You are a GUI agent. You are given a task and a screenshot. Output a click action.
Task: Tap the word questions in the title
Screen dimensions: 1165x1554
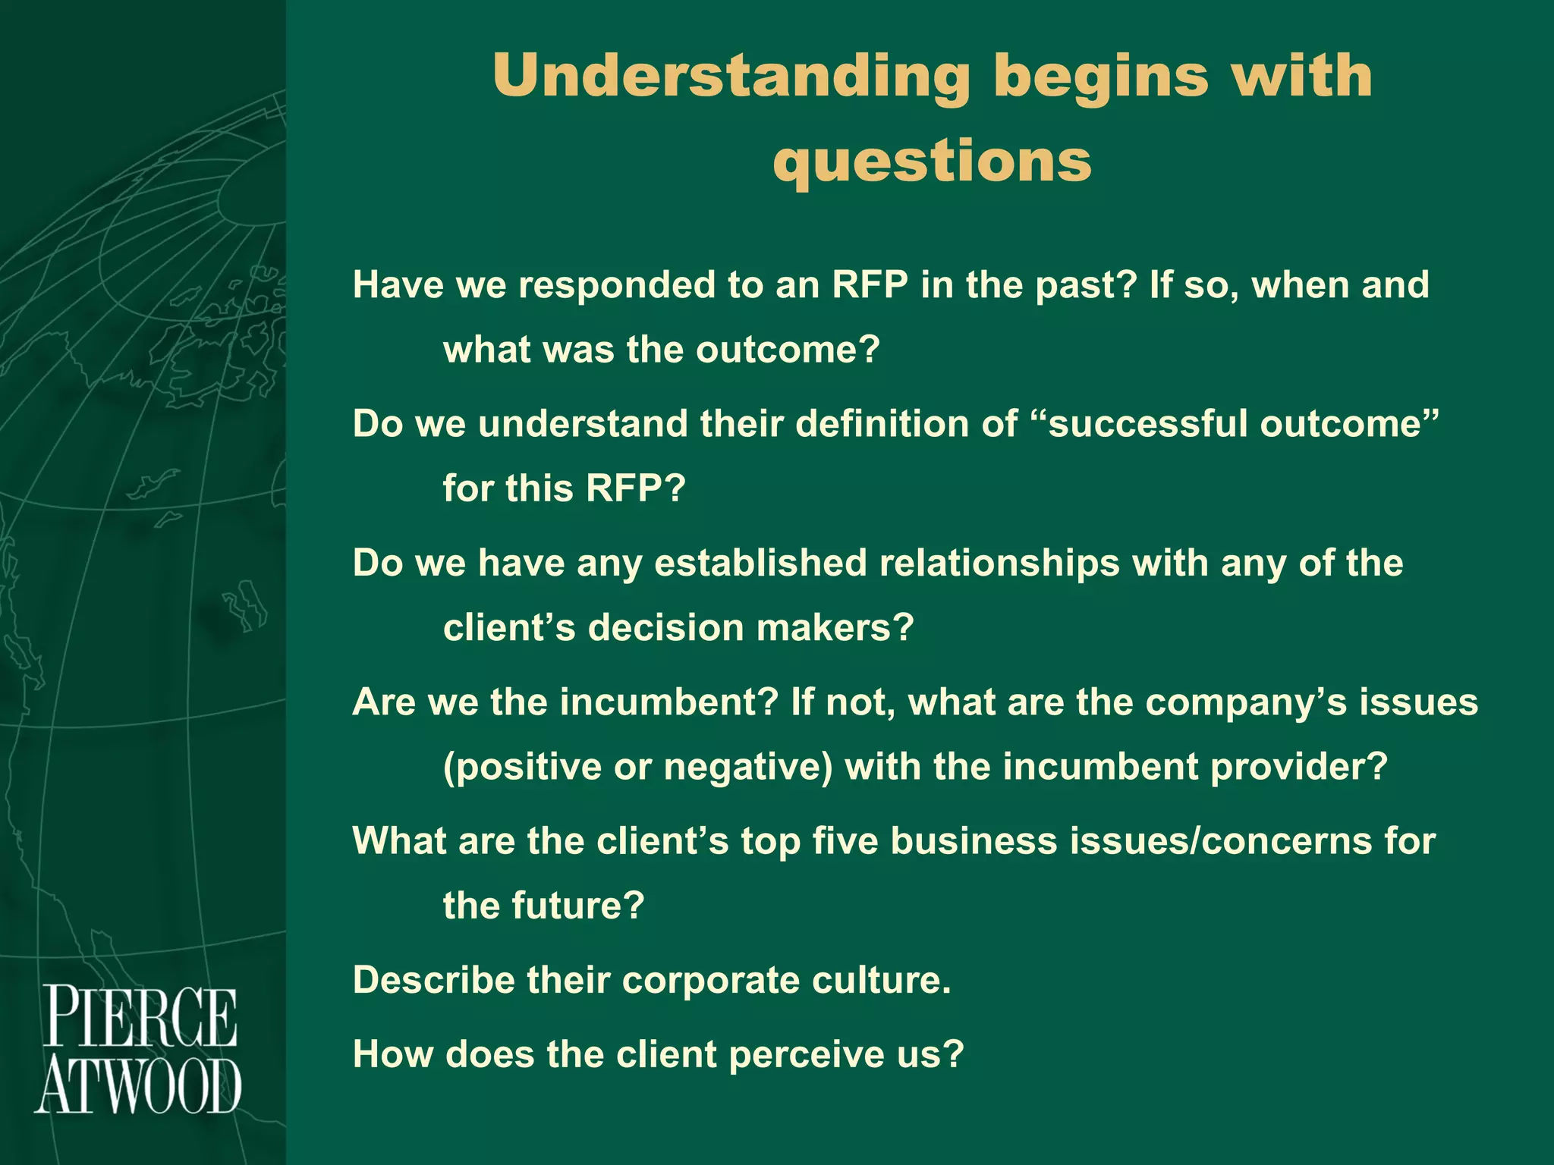point(932,162)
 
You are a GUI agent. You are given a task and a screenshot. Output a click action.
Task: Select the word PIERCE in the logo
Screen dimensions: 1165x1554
point(140,1017)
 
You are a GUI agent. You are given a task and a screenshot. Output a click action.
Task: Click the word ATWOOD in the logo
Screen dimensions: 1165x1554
point(138,1087)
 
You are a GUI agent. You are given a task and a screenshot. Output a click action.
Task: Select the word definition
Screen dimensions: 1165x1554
point(880,424)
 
